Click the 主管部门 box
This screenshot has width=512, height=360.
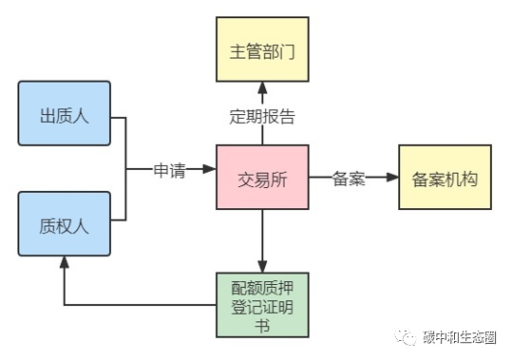(262, 49)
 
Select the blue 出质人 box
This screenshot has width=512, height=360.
(65, 113)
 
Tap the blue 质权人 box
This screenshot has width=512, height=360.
(65, 224)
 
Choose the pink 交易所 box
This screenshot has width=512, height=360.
(262, 178)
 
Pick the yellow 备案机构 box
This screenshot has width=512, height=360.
(445, 178)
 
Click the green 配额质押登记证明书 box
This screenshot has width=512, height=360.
(262, 305)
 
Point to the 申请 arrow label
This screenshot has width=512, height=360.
(169, 170)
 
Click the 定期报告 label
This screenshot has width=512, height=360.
(262, 116)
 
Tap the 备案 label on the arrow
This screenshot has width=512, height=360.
(349, 179)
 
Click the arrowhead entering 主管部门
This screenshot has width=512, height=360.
(262, 88)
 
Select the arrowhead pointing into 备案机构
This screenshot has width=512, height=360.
(392, 178)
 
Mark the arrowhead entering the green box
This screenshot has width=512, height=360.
(262, 266)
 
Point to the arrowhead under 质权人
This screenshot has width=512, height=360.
(65, 262)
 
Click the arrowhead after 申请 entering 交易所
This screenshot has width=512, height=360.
(210, 169)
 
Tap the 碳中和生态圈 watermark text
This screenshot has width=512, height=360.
(460, 337)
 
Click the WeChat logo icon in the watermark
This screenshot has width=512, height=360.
(406, 337)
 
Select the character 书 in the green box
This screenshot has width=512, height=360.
(262, 326)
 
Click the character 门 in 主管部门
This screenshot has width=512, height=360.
(287, 52)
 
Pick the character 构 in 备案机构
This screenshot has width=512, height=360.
(470, 180)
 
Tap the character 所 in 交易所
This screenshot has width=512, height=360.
(279, 180)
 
